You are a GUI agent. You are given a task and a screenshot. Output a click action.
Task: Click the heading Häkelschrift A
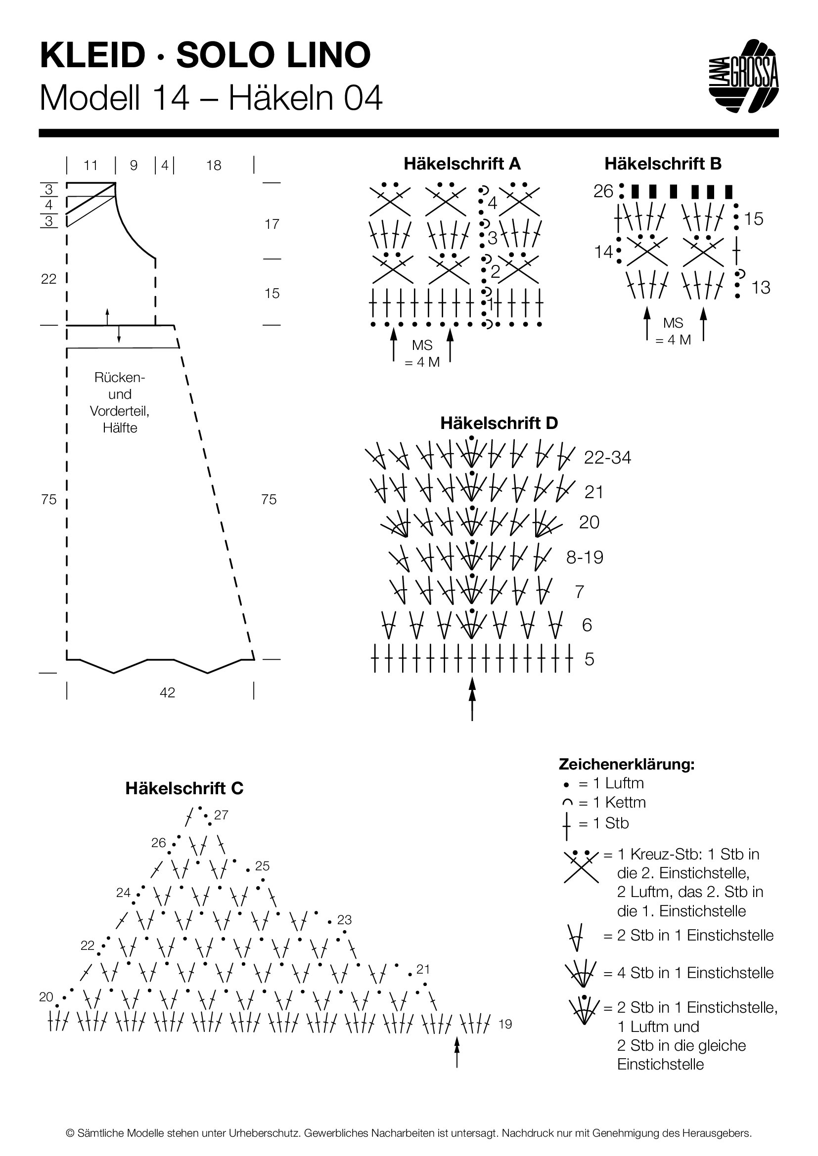click(x=462, y=164)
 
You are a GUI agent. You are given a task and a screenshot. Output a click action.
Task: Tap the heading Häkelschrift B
click(x=663, y=164)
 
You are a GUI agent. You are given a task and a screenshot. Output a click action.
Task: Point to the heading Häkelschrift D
click(x=499, y=423)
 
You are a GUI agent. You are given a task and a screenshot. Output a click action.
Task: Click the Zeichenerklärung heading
click(x=627, y=764)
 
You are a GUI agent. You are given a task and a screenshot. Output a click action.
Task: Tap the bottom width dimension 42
click(x=167, y=692)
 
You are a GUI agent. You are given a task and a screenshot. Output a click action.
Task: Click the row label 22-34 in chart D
click(x=607, y=457)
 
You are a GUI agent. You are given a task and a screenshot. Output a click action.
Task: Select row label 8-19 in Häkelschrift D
click(x=585, y=557)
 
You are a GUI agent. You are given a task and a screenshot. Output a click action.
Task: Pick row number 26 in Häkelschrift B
click(x=603, y=191)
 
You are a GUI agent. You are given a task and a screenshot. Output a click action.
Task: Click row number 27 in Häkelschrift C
click(x=221, y=814)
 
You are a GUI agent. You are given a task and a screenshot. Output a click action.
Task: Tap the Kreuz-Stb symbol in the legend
click(x=581, y=865)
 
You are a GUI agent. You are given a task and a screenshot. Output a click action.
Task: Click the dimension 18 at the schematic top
click(x=214, y=165)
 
